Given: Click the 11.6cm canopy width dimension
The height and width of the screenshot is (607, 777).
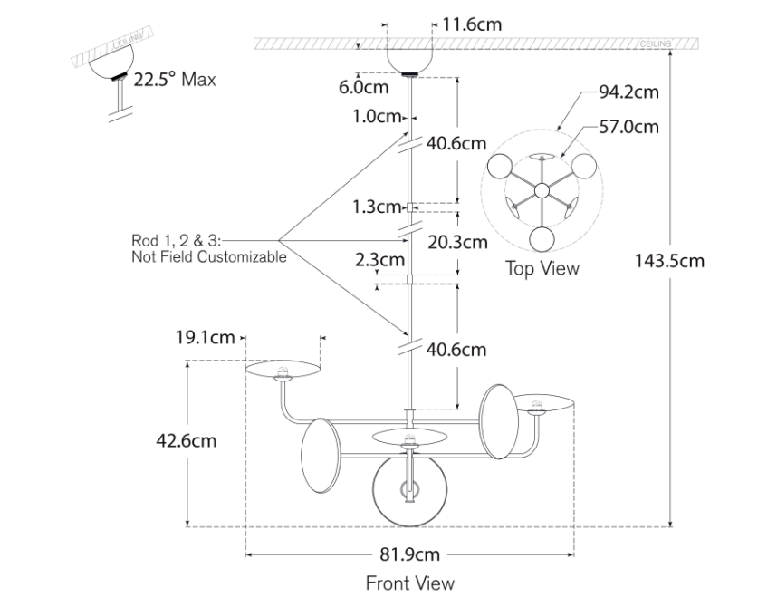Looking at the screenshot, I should [x=472, y=24].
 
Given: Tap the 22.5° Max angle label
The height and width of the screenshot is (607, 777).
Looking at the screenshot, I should [x=175, y=79].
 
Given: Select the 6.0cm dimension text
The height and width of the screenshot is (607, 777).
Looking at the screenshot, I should [x=363, y=88].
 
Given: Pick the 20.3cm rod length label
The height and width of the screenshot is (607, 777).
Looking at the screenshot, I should [x=457, y=242].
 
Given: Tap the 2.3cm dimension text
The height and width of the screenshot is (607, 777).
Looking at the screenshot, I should [x=379, y=260].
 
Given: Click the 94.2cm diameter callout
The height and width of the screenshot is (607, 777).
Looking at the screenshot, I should [x=628, y=92].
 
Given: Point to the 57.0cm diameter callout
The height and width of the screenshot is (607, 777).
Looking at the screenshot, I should [x=628, y=126].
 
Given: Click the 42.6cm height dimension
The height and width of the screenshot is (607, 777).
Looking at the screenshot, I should [x=186, y=441].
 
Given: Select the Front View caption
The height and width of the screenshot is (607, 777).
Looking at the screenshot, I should [x=409, y=583].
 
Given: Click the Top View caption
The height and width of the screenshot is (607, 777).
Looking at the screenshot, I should [x=542, y=268].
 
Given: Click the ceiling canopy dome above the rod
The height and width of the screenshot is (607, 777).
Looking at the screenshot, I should [x=409, y=57].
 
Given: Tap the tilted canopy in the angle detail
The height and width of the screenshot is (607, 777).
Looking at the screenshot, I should [x=105, y=63].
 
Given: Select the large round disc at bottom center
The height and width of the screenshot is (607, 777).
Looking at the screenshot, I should [x=409, y=490].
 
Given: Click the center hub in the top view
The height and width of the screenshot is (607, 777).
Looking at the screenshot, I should [x=542, y=190].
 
